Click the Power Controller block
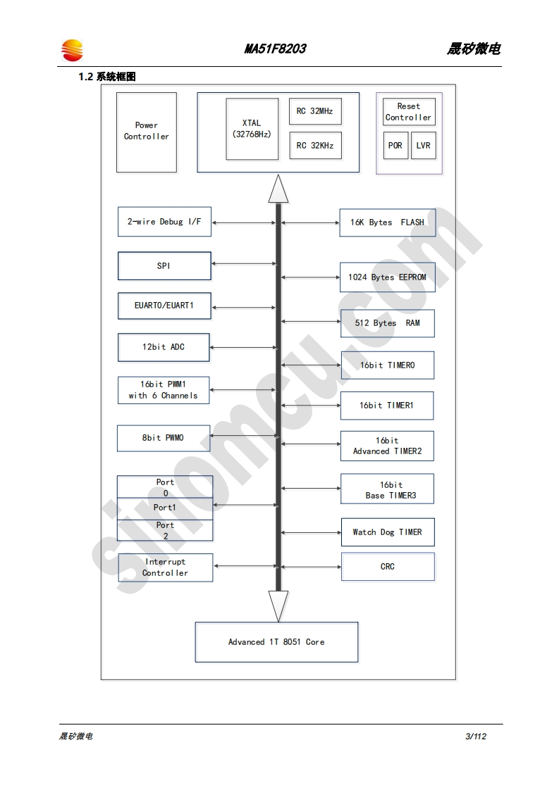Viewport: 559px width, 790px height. pos(147,132)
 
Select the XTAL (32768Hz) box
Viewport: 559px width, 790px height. pos(252,129)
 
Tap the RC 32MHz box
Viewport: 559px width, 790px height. pos(315,111)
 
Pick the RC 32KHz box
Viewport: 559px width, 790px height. pos(315,146)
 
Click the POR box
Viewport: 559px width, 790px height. pos(395,146)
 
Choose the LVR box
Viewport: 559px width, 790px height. pos(423,146)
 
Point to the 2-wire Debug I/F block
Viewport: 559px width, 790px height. pos(164,222)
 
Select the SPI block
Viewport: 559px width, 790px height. pos(164,266)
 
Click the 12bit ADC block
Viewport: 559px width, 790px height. pos(164,347)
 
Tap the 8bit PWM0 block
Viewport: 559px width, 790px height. pos(164,438)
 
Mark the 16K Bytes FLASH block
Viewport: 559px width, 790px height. pos(387,222)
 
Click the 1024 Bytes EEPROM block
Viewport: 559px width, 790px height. pos(387,277)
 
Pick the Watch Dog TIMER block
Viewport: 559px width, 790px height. pos(387,532)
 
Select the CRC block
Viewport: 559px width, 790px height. pos(387,567)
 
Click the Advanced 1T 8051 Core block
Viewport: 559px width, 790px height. pos(276,642)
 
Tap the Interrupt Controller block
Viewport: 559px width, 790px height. pos(166,568)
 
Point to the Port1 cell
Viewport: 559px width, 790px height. pos(165,508)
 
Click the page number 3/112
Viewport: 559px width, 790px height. pos(476,736)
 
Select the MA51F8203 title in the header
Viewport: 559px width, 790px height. pos(275,49)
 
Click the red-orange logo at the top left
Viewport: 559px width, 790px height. pos(72,50)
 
